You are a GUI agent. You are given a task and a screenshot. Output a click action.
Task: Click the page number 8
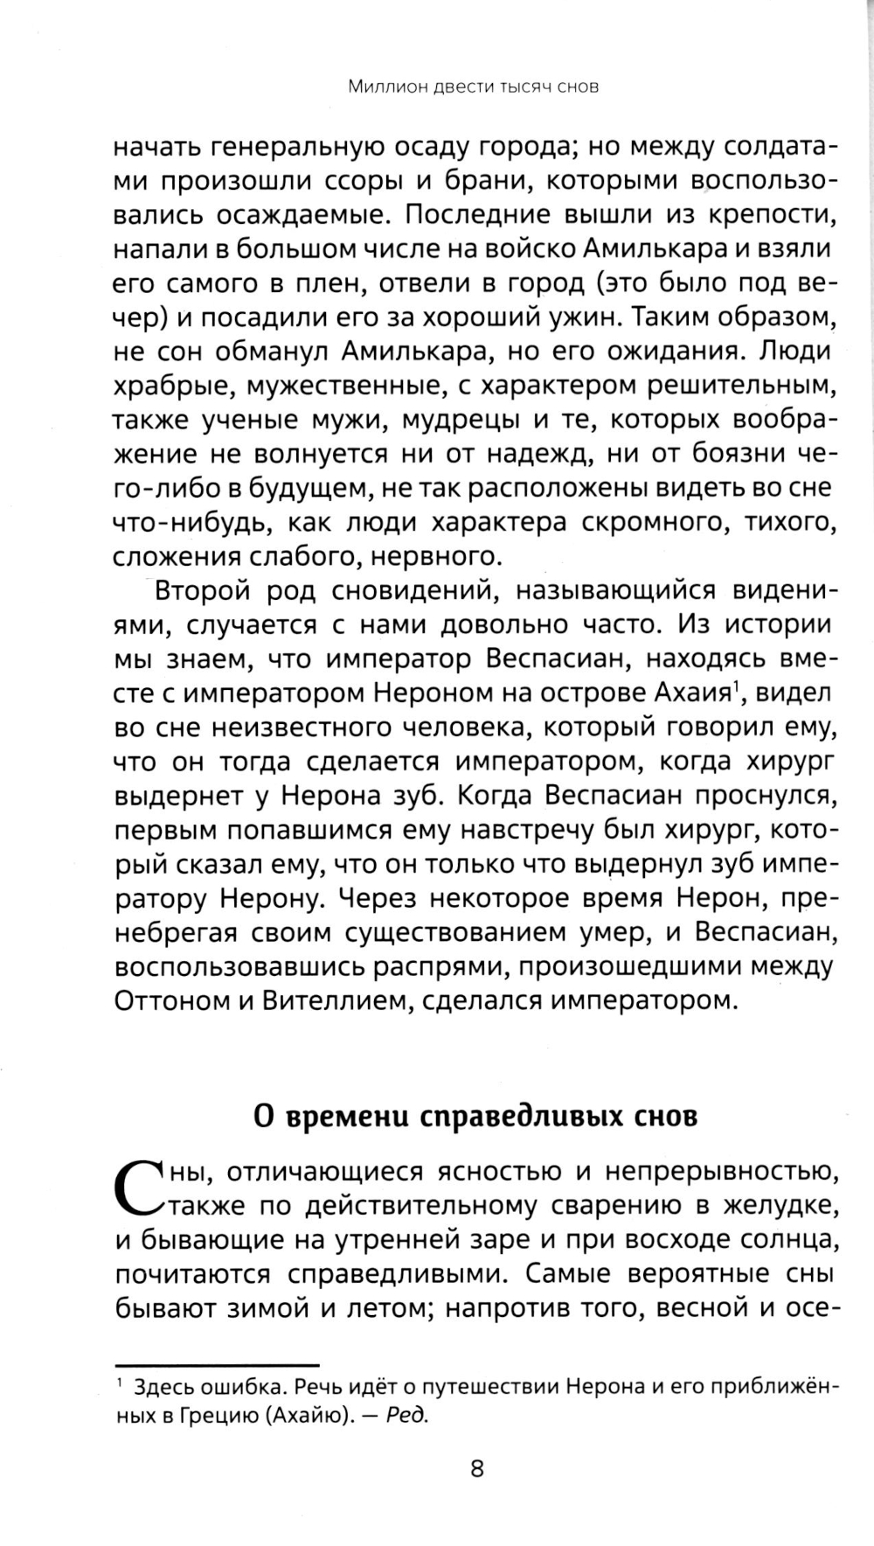pos(476,1468)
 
